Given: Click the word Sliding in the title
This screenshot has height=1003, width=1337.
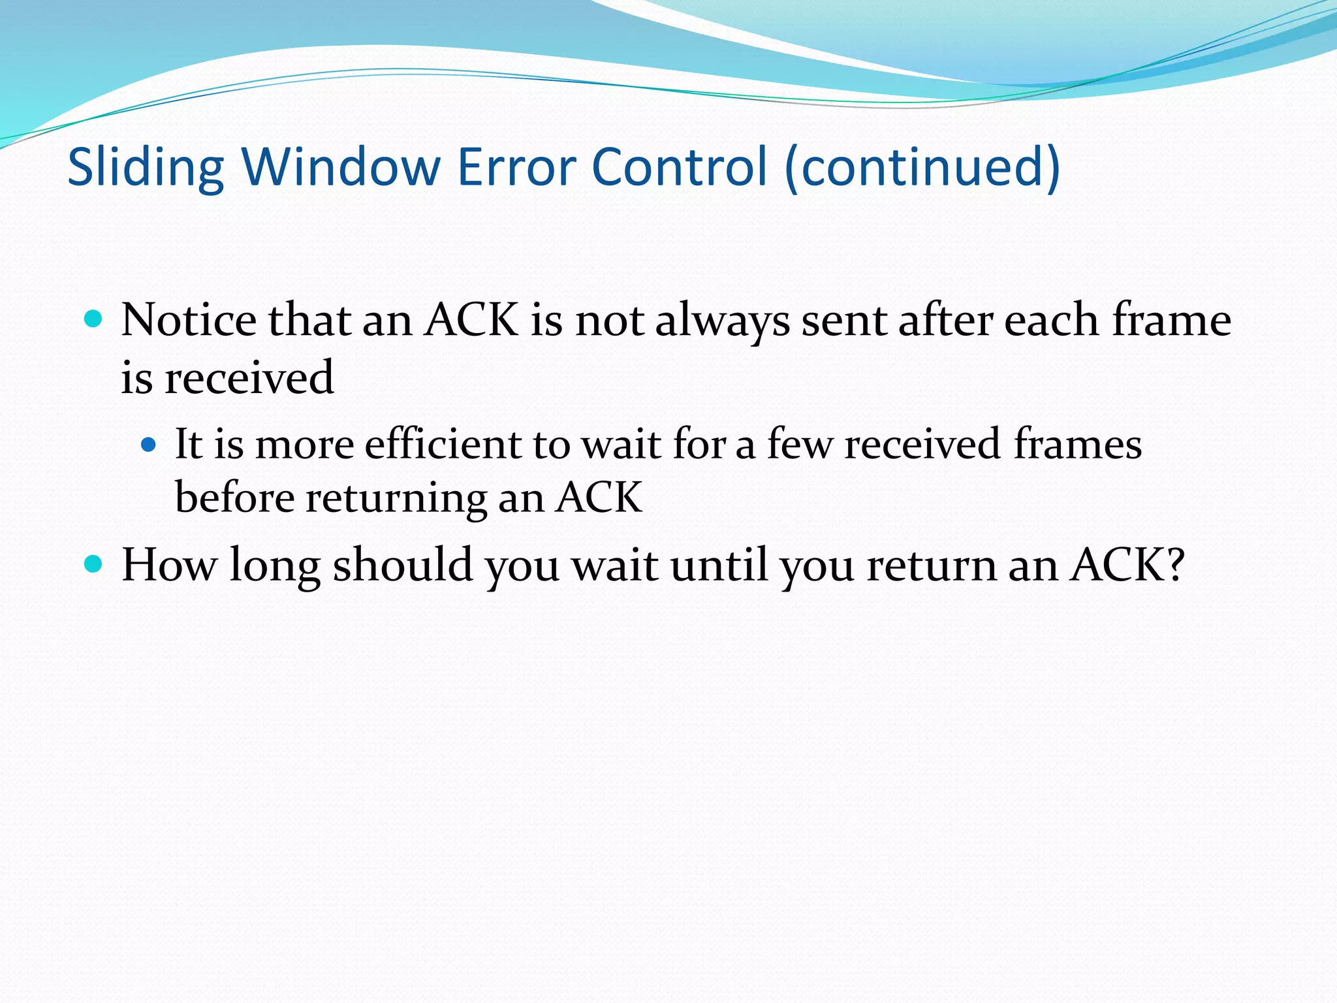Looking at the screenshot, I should tap(146, 167).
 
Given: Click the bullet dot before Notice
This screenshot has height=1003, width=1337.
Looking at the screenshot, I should tap(94, 319).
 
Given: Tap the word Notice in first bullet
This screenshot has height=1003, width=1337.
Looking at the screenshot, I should tap(189, 321).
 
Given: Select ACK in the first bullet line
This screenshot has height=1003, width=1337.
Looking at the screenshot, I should tap(471, 321).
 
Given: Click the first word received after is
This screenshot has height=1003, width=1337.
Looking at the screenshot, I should tap(249, 378).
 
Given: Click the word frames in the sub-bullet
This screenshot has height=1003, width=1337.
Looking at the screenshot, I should tap(1077, 445).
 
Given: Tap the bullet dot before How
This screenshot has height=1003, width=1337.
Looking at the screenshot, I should tap(94, 564).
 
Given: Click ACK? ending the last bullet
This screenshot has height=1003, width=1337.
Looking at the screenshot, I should tap(1127, 565).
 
